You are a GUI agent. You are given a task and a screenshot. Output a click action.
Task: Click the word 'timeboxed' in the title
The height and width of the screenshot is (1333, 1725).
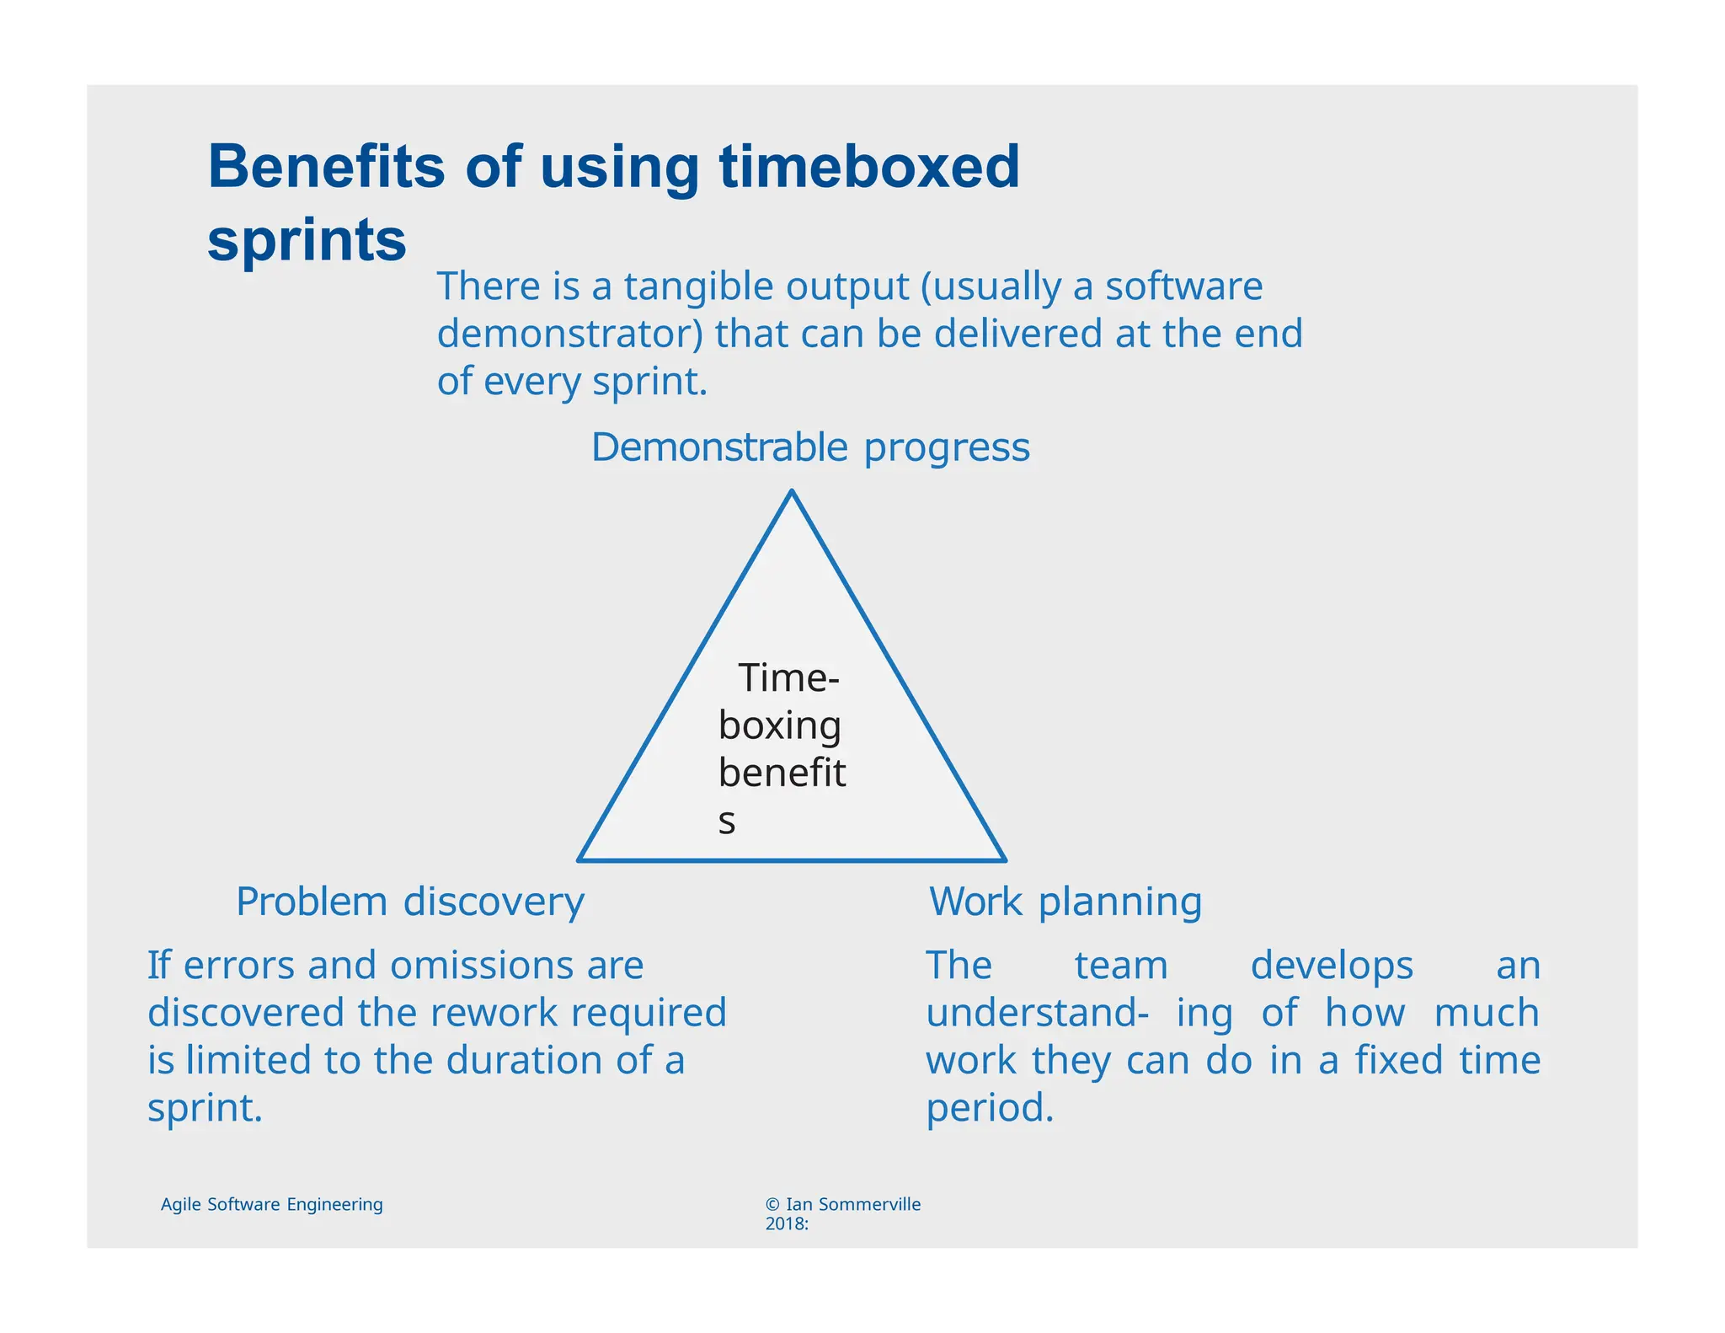869,166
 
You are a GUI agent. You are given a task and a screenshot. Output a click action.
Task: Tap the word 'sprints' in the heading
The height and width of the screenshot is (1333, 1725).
307,240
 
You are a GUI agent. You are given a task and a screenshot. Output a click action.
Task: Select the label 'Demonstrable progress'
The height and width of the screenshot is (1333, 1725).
810,447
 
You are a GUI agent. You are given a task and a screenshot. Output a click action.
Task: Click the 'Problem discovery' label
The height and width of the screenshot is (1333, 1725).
409,902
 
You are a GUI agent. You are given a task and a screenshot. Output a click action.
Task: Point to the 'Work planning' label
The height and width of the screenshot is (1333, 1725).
1065,902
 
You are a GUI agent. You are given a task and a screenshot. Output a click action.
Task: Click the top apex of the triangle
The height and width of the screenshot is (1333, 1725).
792,492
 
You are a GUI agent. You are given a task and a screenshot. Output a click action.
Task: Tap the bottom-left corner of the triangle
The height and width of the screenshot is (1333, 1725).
580,859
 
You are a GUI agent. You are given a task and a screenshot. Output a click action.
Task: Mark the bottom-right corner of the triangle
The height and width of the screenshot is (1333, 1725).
1004,859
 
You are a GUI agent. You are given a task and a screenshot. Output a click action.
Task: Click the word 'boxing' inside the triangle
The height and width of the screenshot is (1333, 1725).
779,726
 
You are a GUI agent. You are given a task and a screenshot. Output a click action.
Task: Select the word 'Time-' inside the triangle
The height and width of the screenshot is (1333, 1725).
788,678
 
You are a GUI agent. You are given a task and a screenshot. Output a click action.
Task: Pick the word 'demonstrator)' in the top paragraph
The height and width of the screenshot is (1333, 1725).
569,334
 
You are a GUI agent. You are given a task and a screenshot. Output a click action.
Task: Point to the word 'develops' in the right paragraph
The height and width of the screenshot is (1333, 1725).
1331,966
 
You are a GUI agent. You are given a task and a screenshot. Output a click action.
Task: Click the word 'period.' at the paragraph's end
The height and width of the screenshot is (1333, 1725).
990,1108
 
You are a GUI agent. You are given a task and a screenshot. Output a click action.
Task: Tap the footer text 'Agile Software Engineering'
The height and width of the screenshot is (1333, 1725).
271,1204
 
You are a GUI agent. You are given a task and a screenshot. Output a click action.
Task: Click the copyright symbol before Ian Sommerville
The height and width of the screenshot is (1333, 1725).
772,1205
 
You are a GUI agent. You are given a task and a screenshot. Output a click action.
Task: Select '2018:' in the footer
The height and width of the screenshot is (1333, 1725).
787,1224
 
